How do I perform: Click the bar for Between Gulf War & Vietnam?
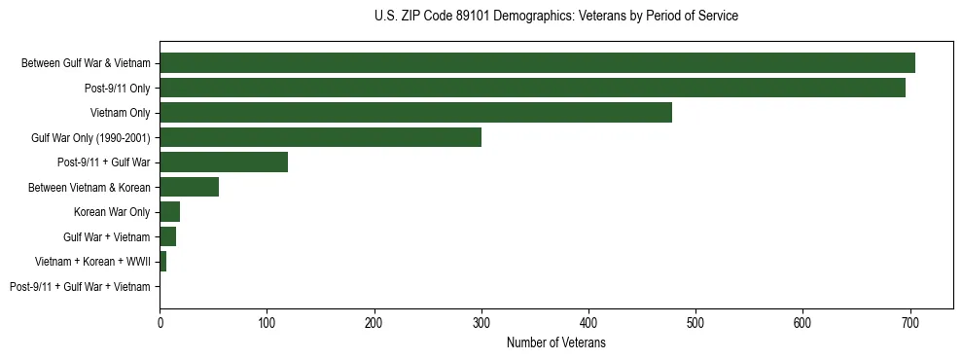point(537,63)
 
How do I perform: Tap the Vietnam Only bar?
point(415,113)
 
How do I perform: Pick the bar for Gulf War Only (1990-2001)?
point(320,137)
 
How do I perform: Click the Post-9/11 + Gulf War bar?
point(224,162)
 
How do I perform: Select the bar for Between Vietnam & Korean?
point(189,187)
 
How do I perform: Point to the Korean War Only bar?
point(169,212)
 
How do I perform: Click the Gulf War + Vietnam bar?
point(167,236)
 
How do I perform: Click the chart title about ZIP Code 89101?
point(555,16)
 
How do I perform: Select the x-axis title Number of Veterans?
point(555,343)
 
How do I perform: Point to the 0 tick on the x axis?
point(160,322)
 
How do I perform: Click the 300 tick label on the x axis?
point(481,322)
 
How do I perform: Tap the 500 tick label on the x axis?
point(695,322)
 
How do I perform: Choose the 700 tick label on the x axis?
point(910,322)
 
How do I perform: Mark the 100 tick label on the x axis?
point(267,322)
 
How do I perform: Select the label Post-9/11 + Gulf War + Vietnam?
point(80,287)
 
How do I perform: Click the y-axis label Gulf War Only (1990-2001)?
point(90,137)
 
